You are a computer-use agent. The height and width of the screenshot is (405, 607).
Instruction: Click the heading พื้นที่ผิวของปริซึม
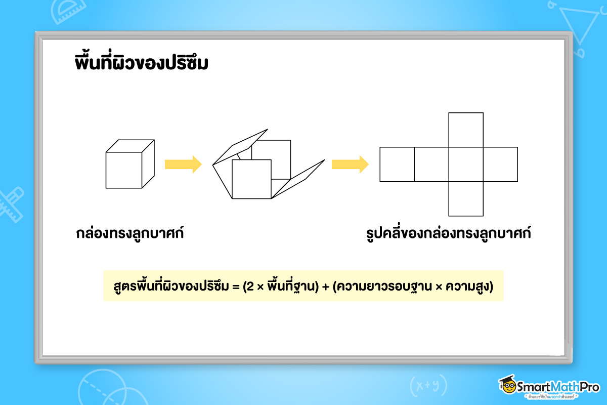[x=141, y=64]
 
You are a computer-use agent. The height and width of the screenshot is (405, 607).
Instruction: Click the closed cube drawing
[x=129, y=164]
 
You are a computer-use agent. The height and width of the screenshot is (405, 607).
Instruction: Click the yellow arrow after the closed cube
[x=183, y=164]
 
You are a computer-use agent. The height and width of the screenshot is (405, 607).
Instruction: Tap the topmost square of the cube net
[x=466, y=130]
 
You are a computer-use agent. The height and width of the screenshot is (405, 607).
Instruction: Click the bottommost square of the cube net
[x=466, y=198]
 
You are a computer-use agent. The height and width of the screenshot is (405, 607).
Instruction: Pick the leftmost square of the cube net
[x=397, y=164]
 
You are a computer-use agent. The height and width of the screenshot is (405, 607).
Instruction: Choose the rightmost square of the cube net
[x=500, y=164]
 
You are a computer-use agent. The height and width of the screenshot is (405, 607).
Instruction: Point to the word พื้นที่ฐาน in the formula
[x=289, y=287]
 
